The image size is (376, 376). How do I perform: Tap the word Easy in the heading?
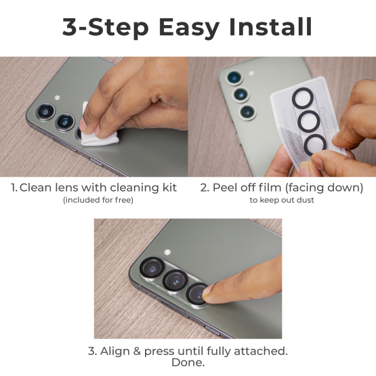(183, 26)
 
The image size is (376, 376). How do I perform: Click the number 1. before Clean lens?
(14, 187)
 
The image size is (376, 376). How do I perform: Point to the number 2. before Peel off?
(205, 187)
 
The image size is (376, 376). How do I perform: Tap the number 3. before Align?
(92, 351)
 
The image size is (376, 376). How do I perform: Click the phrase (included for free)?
(98, 200)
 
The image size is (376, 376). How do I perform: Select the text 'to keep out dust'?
(282, 200)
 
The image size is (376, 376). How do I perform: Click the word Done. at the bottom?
(188, 363)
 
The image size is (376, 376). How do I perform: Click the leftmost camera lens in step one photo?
(45, 112)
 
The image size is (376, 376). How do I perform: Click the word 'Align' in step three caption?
(117, 351)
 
